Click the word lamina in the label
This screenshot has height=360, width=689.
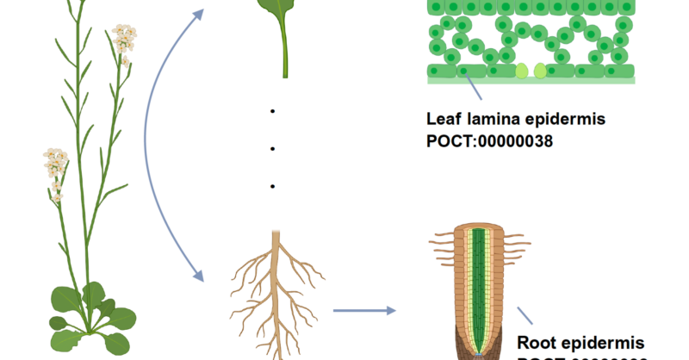click(496, 119)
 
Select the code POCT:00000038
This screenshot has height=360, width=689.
click(489, 140)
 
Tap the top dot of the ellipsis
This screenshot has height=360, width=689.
click(272, 111)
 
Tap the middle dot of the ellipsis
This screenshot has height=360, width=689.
click(272, 149)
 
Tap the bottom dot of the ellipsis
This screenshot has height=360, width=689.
click(272, 186)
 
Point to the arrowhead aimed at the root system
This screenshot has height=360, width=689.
click(197, 276)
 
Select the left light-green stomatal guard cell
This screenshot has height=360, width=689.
click(522, 71)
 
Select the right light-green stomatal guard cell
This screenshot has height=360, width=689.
click(540, 71)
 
